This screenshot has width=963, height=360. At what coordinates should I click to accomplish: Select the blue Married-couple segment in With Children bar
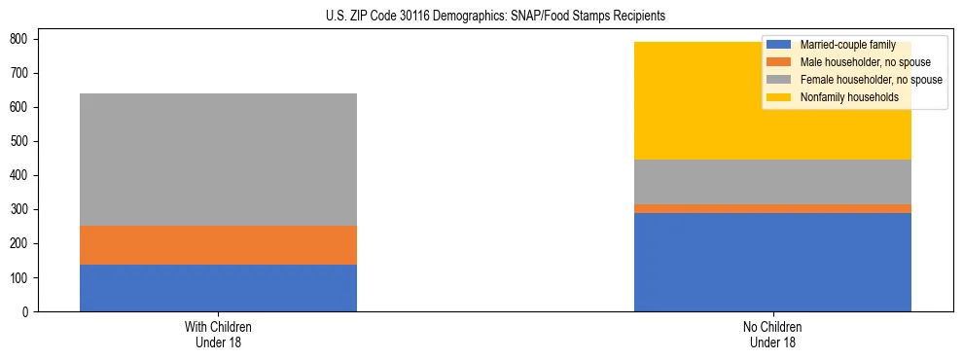point(218,288)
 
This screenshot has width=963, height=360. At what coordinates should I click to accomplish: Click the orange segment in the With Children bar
point(218,245)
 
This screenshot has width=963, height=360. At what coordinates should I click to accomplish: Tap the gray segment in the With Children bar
point(218,160)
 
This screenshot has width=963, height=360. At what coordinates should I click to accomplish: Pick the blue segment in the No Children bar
point(772,262)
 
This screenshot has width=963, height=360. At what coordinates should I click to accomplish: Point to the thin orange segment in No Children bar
point(772,208)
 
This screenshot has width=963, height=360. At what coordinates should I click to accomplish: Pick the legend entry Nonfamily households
point(843,97)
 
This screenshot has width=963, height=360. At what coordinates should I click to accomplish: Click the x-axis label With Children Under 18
point(218,334)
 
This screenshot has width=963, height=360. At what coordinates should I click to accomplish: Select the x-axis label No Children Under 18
point(772,334)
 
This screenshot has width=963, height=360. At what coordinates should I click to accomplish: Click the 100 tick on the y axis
point(23,277)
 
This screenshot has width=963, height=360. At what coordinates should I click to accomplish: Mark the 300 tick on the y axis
point(23,209)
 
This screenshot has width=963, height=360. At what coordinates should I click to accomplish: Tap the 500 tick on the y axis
point(23,141)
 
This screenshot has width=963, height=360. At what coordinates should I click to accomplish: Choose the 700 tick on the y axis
point(23,73)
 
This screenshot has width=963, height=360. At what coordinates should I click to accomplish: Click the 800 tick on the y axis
point(23,39)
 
